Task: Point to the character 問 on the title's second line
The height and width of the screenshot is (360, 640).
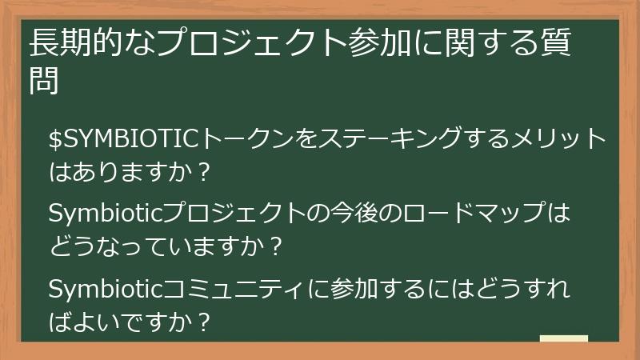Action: point(44,81)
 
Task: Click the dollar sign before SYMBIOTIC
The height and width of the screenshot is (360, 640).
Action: point(55,139)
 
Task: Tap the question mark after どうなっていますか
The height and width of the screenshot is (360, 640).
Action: point(276,246)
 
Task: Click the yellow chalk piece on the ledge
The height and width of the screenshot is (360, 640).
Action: point(563,339)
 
